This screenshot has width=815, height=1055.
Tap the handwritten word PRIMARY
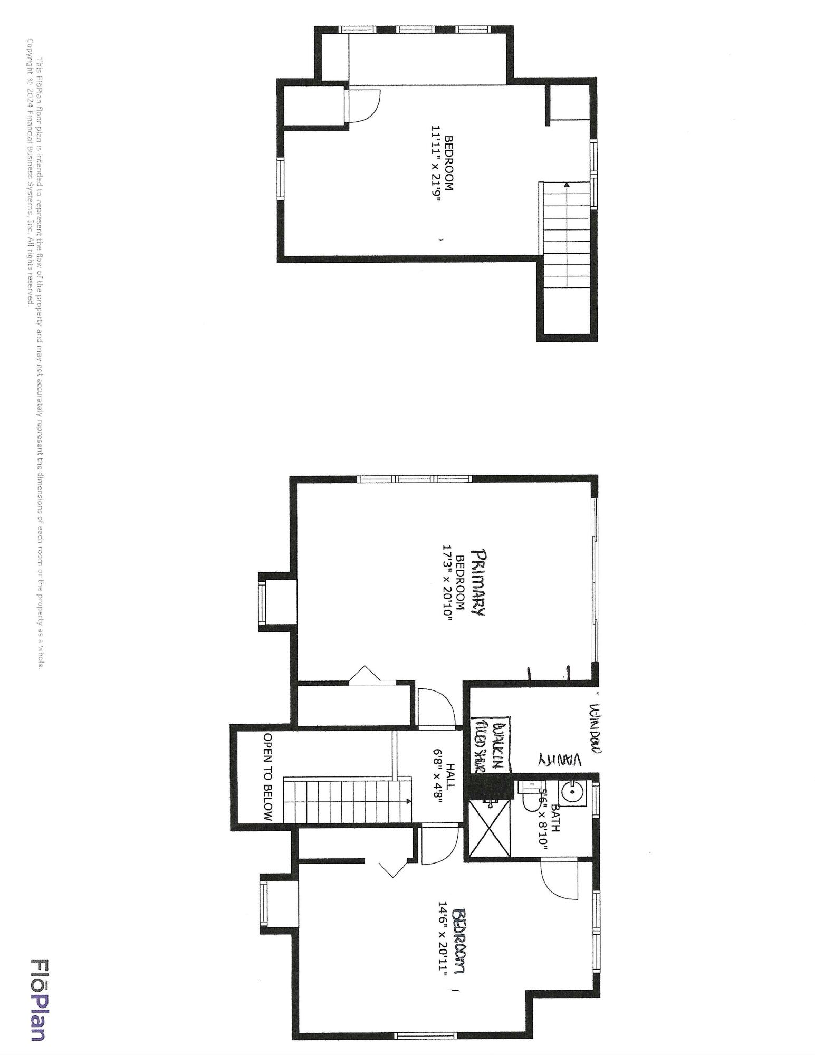480,582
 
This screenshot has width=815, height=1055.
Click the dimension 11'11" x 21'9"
436,164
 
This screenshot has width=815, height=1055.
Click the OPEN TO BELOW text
268,777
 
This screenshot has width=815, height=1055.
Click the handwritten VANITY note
559,760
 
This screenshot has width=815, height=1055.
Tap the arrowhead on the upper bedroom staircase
566,186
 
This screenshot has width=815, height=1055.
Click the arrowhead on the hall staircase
408,801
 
